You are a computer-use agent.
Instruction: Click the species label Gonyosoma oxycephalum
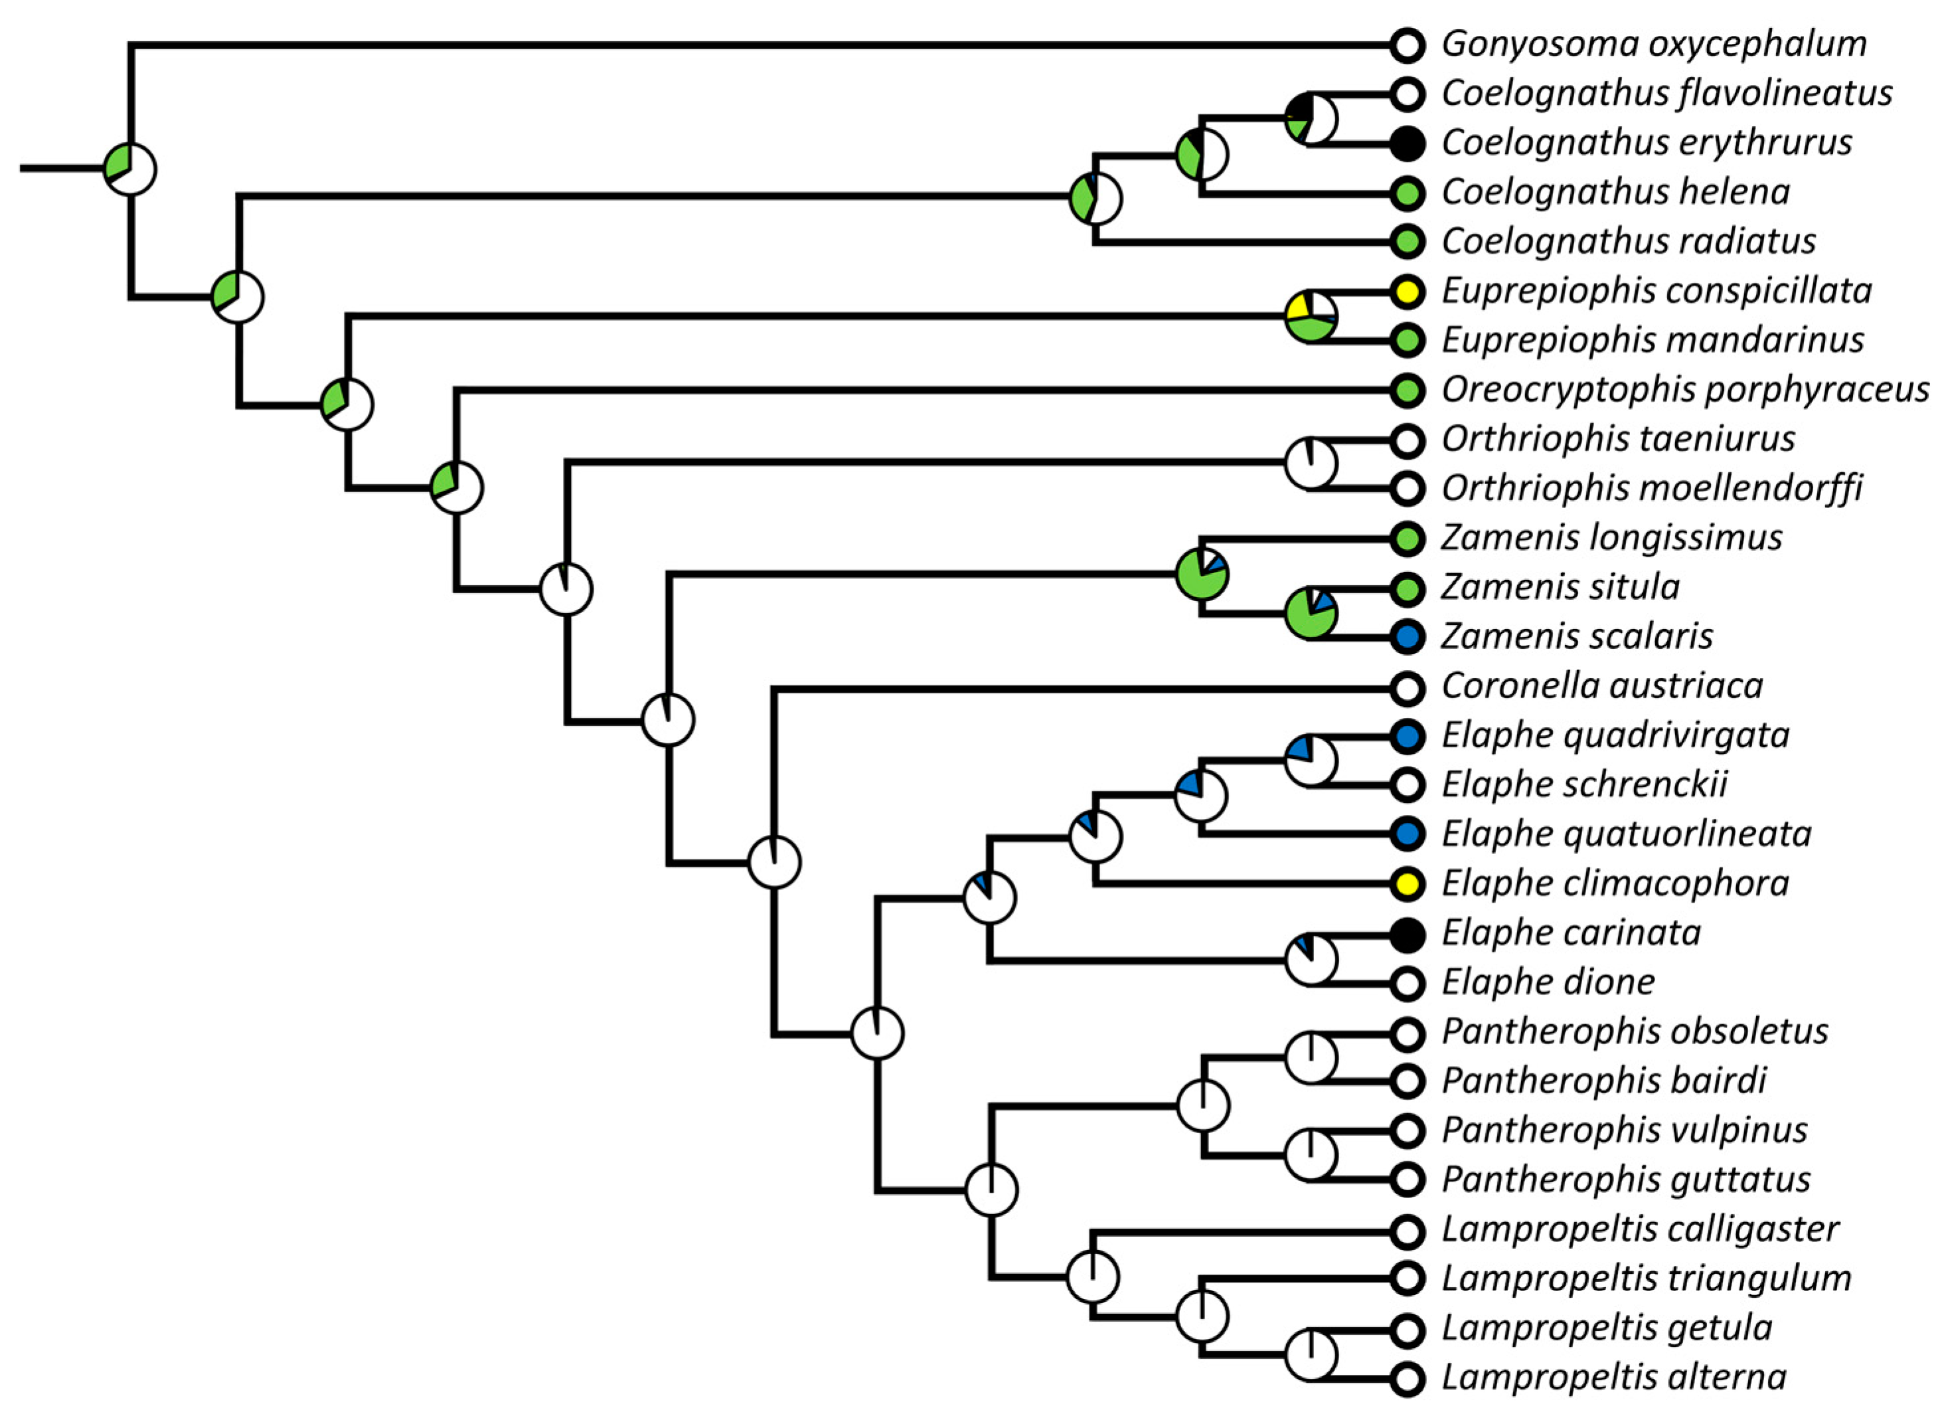coord(1653,44)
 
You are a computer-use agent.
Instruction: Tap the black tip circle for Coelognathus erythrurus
coord(1408,143)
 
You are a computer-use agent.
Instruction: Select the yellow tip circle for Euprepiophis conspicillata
coord(1408,292)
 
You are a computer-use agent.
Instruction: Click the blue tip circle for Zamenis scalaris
coord(1408,637)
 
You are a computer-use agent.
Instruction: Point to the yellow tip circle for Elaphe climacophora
coord(1408,884)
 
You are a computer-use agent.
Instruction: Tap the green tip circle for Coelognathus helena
coord(1408,193)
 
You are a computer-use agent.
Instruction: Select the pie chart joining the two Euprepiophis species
coord(1311,317)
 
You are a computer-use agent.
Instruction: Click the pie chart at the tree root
coord(130,169)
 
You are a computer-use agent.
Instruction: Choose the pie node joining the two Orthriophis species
coord(1311,463)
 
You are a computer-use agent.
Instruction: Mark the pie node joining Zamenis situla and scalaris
coord(1311,614)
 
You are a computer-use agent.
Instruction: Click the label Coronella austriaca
coord(1602,687)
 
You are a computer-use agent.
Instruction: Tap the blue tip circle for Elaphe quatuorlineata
coord(1408,834)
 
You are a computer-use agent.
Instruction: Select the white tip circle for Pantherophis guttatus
coord(1408,1180)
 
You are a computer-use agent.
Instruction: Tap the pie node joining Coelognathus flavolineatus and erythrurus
coord(1311,119)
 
